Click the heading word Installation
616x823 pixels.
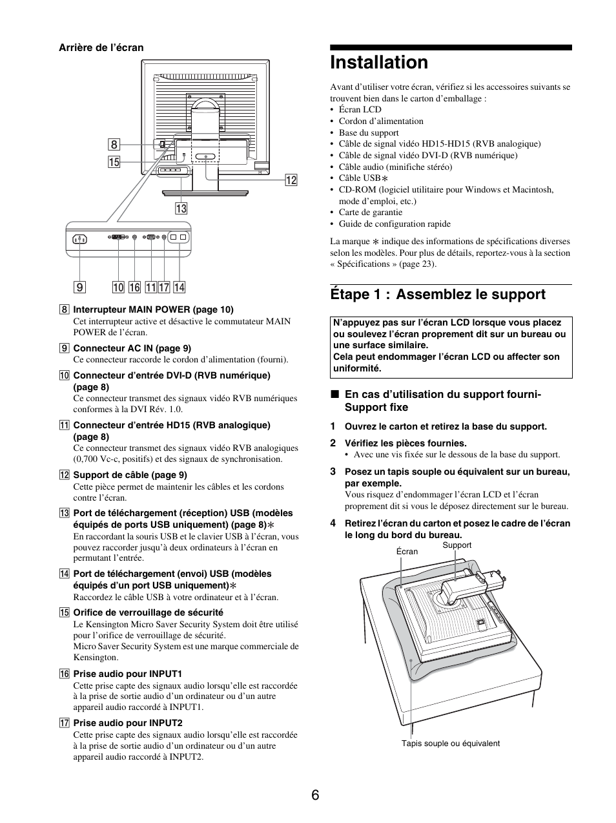(378, 62)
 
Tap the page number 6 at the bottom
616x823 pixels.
(314, 795)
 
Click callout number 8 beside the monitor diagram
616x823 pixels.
(114, 145)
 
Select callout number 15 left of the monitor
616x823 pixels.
(114, 162)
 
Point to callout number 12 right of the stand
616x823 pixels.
(291, 180)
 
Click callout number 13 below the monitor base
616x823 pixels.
(181, 208)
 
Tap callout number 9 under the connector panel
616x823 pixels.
(80, 287)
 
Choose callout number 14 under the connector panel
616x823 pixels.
(179, 287)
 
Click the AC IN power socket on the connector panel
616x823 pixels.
(80, 239)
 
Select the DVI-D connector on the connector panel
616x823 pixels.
(118, 238)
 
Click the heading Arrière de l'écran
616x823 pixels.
(101, 48)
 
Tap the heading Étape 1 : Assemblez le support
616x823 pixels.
(437, 295)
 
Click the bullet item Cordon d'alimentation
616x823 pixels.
(381, 121)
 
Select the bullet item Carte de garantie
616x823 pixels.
(370, 212)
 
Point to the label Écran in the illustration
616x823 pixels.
(407, 552)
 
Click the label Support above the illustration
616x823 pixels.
(457, 545)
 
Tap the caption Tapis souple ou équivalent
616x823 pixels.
(450, 744)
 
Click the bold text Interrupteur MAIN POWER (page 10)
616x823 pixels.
(153, 309)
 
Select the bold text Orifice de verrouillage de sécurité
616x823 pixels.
(148, 612)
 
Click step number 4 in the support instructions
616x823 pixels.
(333, 523)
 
